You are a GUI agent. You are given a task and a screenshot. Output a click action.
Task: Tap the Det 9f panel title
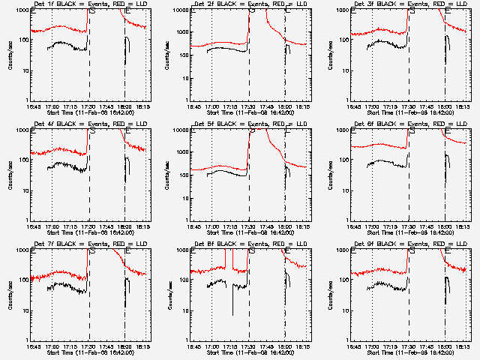coord(409,244)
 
